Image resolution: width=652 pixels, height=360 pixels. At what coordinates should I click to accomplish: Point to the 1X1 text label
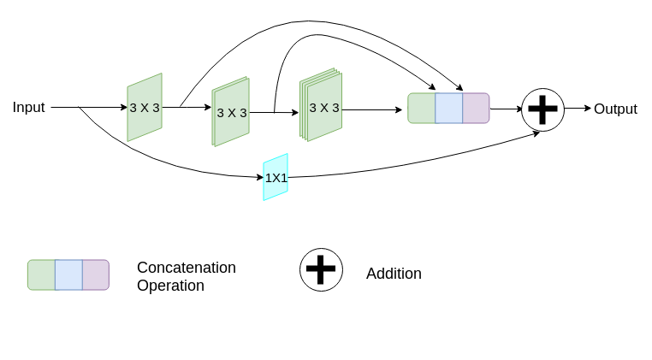click(276, 178)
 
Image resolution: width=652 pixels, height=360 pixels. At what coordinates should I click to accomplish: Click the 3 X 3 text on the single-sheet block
click(145, 108)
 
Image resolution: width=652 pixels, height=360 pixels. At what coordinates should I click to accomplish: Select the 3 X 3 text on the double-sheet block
click(232, 113)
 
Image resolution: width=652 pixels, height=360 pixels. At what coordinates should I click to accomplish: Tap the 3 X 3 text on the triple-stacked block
click(324, 108)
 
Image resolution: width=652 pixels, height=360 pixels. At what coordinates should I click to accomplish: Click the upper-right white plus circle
click(542, 109)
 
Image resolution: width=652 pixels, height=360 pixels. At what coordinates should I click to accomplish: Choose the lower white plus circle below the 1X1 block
click(321, 269)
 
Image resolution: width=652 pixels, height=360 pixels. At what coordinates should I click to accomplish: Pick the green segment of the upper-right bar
click(422, 109)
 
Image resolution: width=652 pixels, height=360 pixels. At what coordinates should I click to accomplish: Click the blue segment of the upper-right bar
click(449, 109)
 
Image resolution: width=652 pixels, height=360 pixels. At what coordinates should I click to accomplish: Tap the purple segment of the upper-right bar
click(476, 109)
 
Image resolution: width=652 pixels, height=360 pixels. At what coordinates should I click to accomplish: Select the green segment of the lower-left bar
click(42, 274)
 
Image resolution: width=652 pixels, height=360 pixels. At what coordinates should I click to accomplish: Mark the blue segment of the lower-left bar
click(68, 274)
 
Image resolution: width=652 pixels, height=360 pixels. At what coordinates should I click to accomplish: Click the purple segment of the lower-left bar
click(95, 274)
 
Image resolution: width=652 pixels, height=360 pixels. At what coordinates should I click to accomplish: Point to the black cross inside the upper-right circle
click(542, 109)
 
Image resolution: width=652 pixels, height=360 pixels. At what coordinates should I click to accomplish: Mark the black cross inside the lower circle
click(321, 269)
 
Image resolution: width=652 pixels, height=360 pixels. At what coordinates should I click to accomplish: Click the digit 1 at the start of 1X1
click(268, 178)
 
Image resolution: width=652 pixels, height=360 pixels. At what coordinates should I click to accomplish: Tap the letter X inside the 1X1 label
click(276, 178)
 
